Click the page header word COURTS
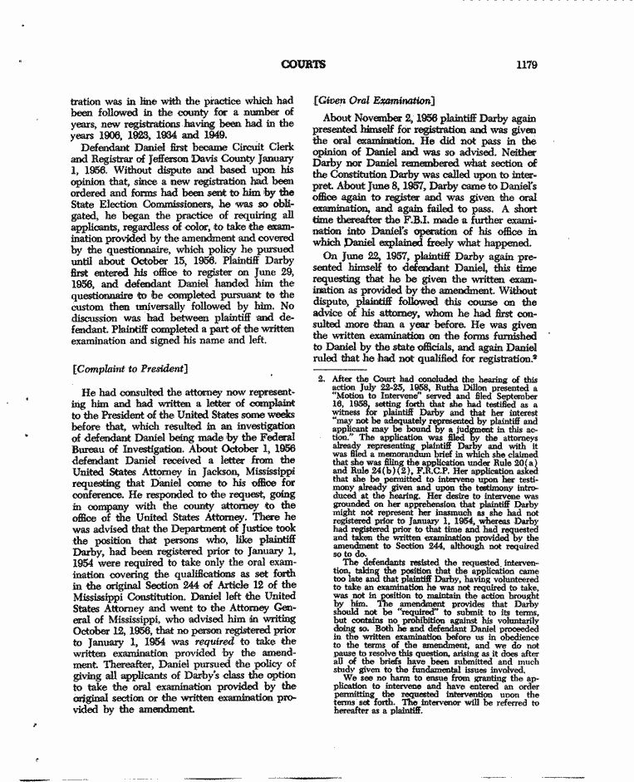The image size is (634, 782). (303, 65)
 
